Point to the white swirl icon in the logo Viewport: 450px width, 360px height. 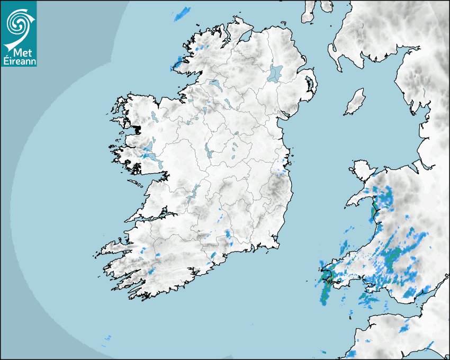pyautogui.click(x=17, y=23)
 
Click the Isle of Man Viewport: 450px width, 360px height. pyautogui.click(x=355, y=101)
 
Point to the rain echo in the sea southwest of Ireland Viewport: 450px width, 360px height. pyautogui.click(x=108, y=338)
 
